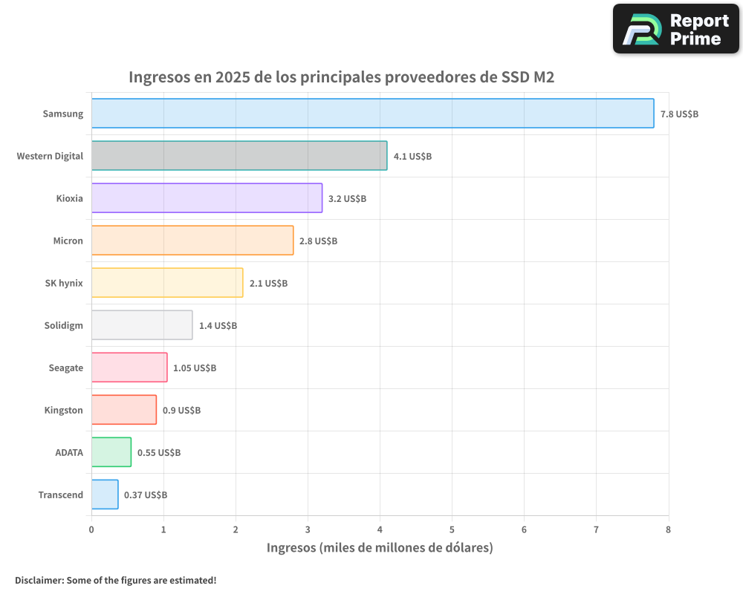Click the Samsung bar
(x=372, y=114)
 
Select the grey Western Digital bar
(x=239, y=156)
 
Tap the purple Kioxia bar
(x=207, y=198)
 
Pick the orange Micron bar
(x=192, y=241)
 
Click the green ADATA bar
(x=111, y=452)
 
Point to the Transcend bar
(x=105, y=495)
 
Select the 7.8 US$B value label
(x=679, y=114)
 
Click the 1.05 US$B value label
(x=195, y=368)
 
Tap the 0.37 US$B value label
(x=146, y=495)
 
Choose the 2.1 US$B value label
(x=268, y=284)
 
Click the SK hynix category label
(x=64, y=283)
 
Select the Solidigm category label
(x=63, y=325)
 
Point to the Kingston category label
(x=63, y=410)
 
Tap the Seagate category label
(x=65, y=368)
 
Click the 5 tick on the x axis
(x=452, y=529)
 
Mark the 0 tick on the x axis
(x=91, y=529)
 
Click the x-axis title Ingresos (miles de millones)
(x=380, y=548)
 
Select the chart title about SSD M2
(x=342, y=76)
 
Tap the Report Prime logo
(x=675, y=29)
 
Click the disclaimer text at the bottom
(x=116, y=580)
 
